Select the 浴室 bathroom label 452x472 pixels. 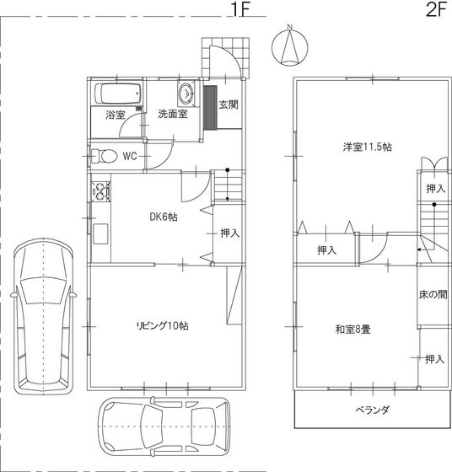pos(116,115)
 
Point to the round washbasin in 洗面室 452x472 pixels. pos(186,93)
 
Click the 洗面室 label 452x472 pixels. pos(174,115)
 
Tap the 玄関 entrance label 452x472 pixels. pos(228,105)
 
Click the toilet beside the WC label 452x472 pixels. pos(103,156)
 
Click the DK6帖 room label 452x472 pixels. pos(164,217)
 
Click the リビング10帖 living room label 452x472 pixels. pos(164,326)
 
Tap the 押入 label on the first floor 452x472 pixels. pos(229,233)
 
